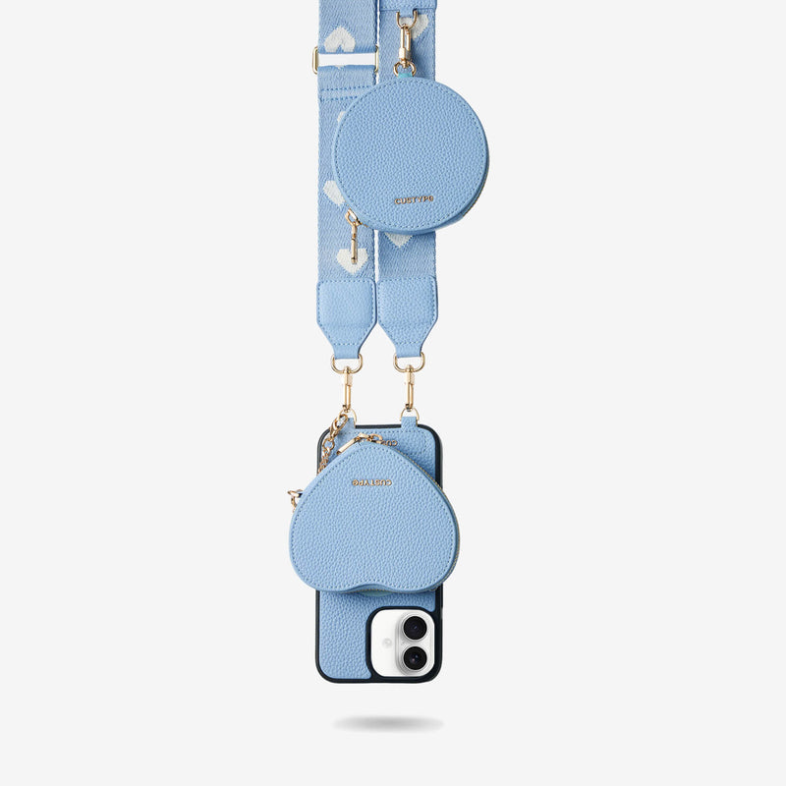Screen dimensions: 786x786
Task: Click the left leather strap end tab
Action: point(346,314)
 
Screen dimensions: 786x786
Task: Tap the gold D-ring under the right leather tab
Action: point(409,363)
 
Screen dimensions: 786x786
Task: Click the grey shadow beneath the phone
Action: point(387,724)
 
